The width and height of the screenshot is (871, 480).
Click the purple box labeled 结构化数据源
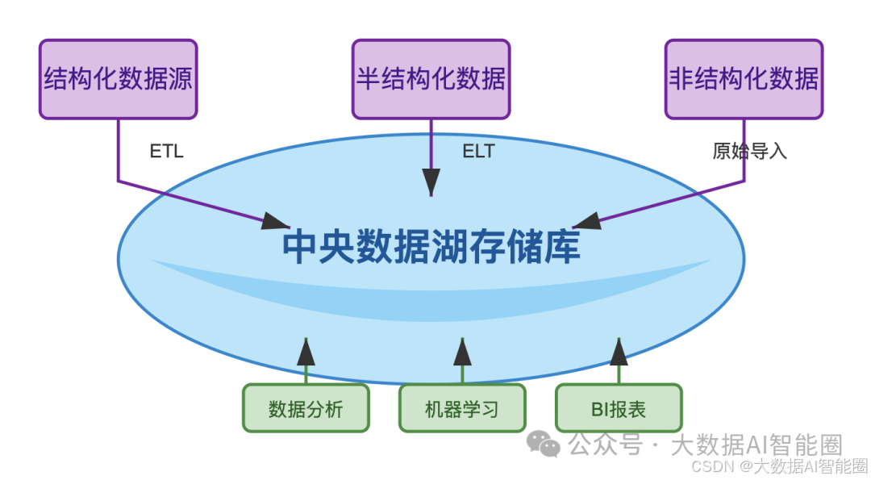point(119,79)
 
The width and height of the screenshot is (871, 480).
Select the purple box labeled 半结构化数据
point(431,79)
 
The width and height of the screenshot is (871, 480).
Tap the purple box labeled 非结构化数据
point(744,79)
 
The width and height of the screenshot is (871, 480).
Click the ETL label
point(167,151)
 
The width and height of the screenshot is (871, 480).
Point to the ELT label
point(478,151)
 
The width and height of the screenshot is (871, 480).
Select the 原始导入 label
point(749,151)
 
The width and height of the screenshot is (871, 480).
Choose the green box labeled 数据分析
point(306,408)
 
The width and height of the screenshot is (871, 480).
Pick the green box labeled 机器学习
point(462,408)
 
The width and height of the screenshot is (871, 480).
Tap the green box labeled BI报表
point(619,408)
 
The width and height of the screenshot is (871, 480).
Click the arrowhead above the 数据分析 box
point(306,352)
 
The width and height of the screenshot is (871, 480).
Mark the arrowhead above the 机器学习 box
point(462,352)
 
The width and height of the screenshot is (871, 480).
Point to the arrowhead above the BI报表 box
point(619,352)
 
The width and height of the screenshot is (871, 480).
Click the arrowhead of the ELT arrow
point(431,181)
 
